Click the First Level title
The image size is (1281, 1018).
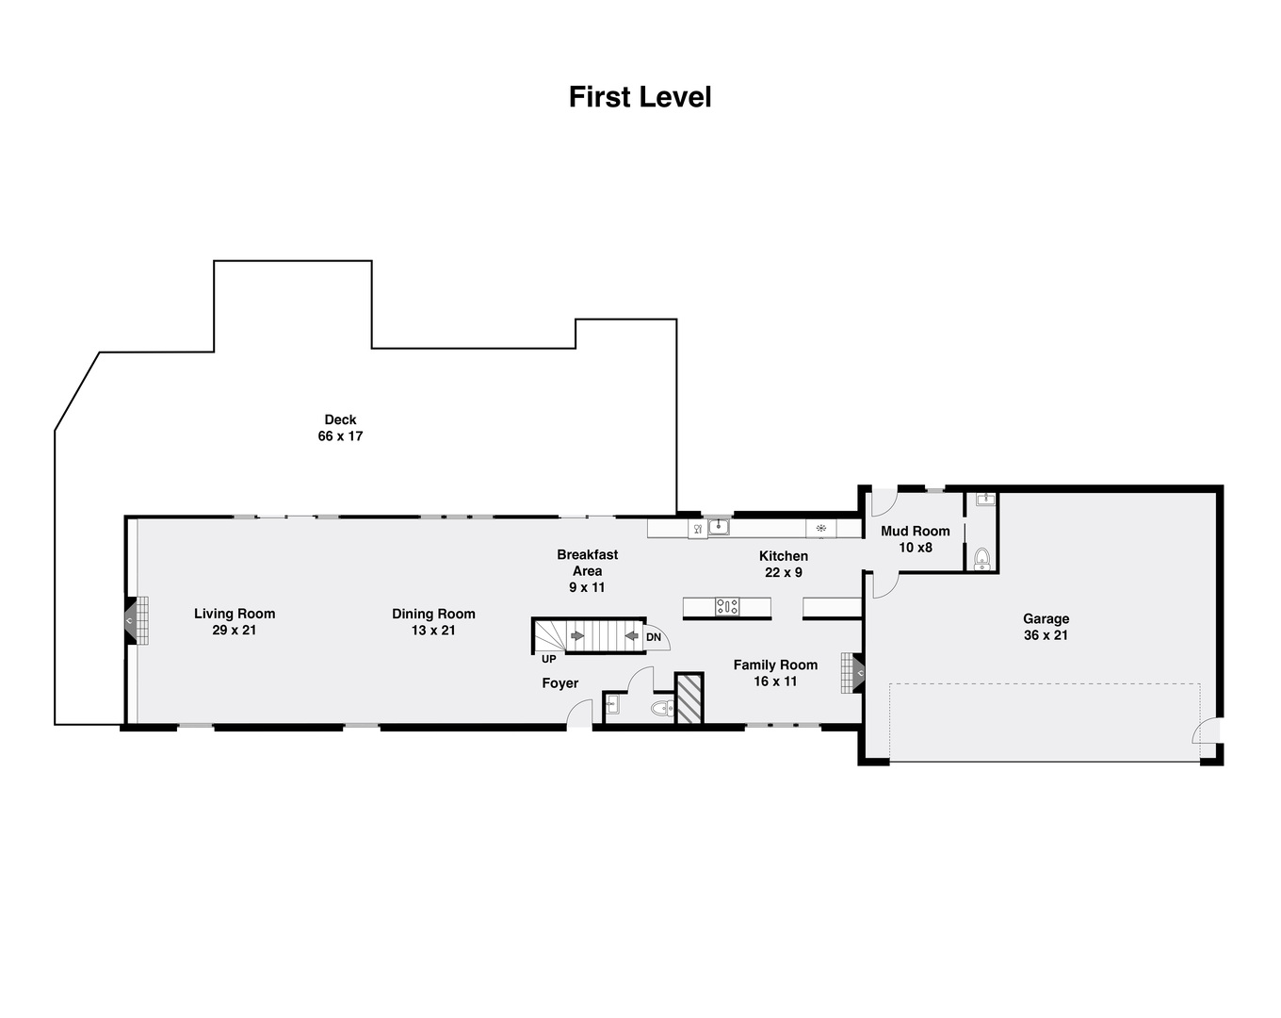click(x=640, y=97)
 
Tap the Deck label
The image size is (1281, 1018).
click(x=340, y=419)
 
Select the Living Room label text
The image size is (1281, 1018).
click(x=235, y=614)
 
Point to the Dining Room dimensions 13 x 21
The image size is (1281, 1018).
click(x=433, y=631)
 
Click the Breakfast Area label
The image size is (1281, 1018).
click(x=588, y=563)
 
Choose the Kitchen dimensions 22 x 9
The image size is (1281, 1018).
click(x=784, y=572)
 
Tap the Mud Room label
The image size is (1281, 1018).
click(x=916, y=531)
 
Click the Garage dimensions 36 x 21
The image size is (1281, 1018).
click(x=1046, y=635)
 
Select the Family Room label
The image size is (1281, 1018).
click(x=775, y=665)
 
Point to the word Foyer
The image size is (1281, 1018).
click(x=560, y=683)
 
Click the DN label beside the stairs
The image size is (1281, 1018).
click(x=654, y=637)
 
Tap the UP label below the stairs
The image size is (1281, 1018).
click(x=549, y=659)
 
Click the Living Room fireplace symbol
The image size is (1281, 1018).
click(x=137, y=620)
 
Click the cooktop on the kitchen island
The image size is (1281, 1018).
click(x=727, y=606)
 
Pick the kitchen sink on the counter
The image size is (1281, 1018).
click(x=719, y=527)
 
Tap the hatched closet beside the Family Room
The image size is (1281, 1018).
click(x=689, y=698)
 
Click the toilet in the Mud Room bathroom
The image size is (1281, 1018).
click(x=982, y=558)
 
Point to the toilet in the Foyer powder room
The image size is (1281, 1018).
click(x=661, y=708)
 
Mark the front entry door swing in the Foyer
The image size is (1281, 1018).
click(x=579, y=713)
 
